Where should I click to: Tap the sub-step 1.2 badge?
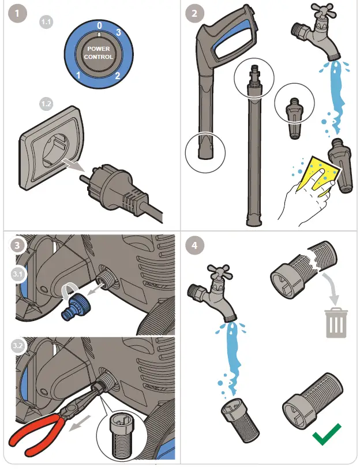46,105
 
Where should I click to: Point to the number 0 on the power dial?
99,26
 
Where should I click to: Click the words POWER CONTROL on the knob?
99,53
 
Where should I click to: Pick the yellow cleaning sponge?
314,172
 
